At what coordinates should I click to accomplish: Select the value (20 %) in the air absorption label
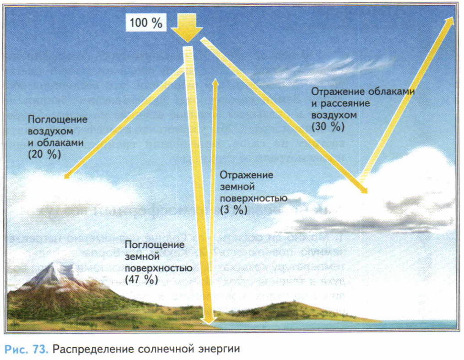click(44, 154)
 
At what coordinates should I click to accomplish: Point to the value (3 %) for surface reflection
click(234, 210)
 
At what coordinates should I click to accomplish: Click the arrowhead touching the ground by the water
click(208, 320)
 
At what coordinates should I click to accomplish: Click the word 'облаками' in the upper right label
click(394, 91)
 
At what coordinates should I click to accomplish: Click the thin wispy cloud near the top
click(320, 71)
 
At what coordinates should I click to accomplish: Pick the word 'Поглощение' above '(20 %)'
click(58, 119)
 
